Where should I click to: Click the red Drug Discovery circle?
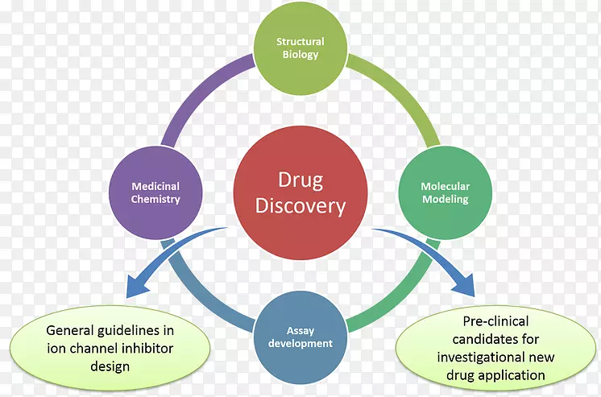(300, 193)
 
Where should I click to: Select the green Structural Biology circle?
(300, 48)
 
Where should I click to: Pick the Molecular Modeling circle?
(445, 192)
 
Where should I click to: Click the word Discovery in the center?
(300, 206)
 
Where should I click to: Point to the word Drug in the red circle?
(300, 180)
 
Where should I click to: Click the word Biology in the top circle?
(300, 56)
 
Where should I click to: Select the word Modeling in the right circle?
(445, 200)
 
